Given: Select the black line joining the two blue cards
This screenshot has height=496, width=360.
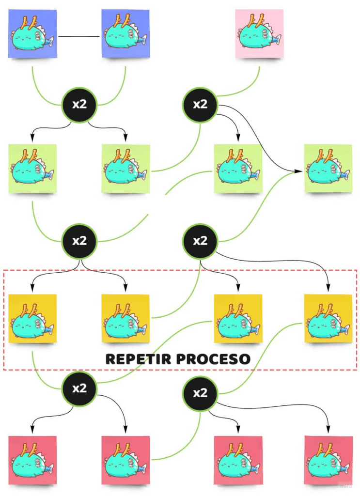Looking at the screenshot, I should pos(79,36).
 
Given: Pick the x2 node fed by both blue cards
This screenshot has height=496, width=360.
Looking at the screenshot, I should pos(79,104).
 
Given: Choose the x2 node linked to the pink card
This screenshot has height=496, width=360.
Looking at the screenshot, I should pos(200,104).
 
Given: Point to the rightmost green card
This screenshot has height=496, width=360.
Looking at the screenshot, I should pos(328,168).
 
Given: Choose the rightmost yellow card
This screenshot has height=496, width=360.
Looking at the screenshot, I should pos(328,319).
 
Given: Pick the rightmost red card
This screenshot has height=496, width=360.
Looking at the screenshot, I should pos(328,460).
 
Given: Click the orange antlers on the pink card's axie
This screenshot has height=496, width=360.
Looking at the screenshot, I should pos(254,21).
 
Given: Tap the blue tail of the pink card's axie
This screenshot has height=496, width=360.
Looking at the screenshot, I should pos(276,39).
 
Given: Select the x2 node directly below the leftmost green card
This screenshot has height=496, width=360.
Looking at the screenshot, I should pos(79,241).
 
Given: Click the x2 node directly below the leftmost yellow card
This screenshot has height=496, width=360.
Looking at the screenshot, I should pos(79,388).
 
